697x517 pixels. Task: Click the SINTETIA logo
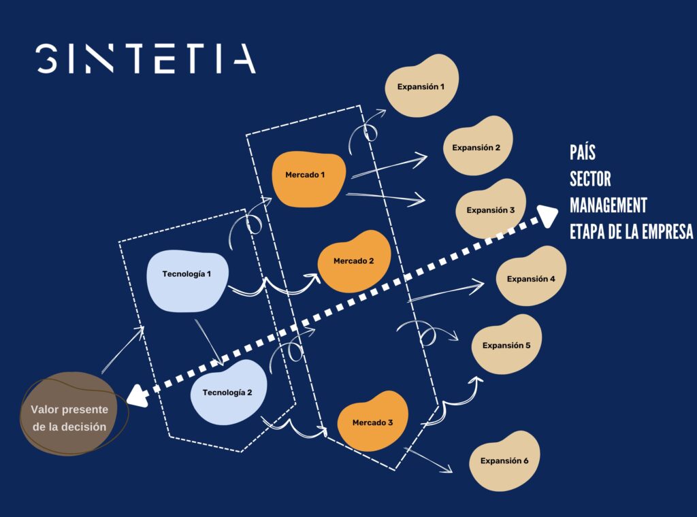pyautogui.click(x=146, y=59)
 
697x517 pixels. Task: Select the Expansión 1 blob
pyautogui.click(x=421, y=86)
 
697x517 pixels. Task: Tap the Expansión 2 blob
pyautogui.click(x=477, y=146)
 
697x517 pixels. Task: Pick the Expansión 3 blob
pyautogui.click(x=491, y=209)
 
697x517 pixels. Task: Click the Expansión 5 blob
pyautogui.click(x=506, y=344)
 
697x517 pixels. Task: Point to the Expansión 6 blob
pyautogui.click(x=504, y=461)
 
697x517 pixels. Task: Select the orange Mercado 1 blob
pyautogui.click(x=309, y=179)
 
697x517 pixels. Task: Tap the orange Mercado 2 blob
pyautogui.click(x=354, y=261)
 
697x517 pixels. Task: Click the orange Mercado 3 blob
pyautogui.click(x=372, y=421)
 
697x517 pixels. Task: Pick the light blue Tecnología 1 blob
pyautogui.click(x=188, y=281)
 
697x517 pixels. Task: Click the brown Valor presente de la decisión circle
pyautogui.click(x=69, y=414)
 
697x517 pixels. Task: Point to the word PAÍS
pyautogui.click(x=583, y=152)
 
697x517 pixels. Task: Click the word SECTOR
pyautogui.click(x=590, y=179)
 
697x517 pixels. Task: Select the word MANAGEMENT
pyautogui.click(x=608, y=205)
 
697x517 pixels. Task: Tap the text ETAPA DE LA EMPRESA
pyautogui.click(x=631, y=231)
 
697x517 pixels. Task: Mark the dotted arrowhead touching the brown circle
pyautogui.click(x=137, y=396)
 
